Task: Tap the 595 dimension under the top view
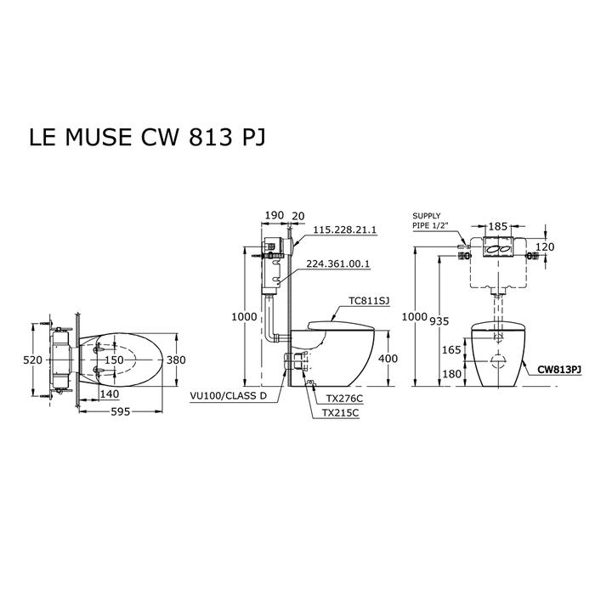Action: point(122,412)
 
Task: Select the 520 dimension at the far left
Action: point(31,360)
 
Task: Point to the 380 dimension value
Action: point(175,360)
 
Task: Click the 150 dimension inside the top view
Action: point(113,360)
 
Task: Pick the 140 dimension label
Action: point(108,394)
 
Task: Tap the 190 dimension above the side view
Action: point(273,216)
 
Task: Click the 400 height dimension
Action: point(387,358)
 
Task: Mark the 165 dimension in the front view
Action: point(451,349)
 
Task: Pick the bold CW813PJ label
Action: point(559,370)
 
